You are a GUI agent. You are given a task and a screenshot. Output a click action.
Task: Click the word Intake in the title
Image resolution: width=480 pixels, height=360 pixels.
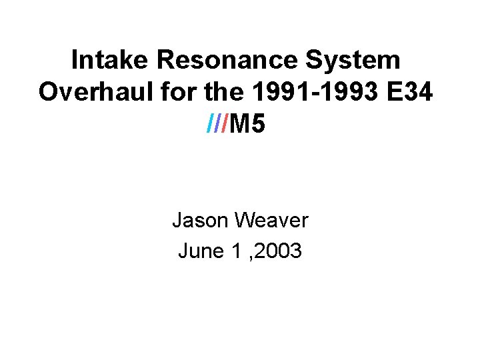111,60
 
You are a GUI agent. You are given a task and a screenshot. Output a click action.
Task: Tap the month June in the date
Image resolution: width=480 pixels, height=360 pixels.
199,251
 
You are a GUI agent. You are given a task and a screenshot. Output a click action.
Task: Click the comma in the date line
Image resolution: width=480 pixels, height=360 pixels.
248,257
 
